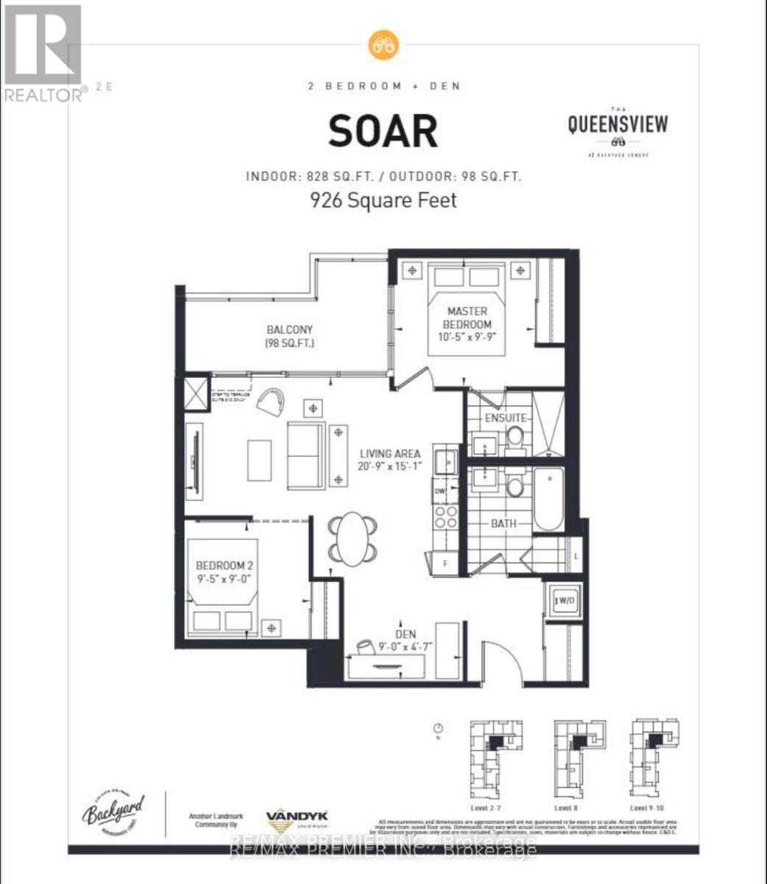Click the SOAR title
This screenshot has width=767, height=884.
coord(383,132)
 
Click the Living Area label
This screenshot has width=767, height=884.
coord(390,460)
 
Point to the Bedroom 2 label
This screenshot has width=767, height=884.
coord(225,572)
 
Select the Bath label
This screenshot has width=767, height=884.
coord(503,523)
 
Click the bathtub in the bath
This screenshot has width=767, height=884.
coord(548,499)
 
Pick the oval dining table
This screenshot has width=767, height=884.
coord(354,539)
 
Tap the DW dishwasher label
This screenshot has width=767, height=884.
coord(440,491)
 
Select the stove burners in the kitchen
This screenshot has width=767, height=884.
coord(445,516)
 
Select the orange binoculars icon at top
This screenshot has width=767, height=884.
coord(383,44)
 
